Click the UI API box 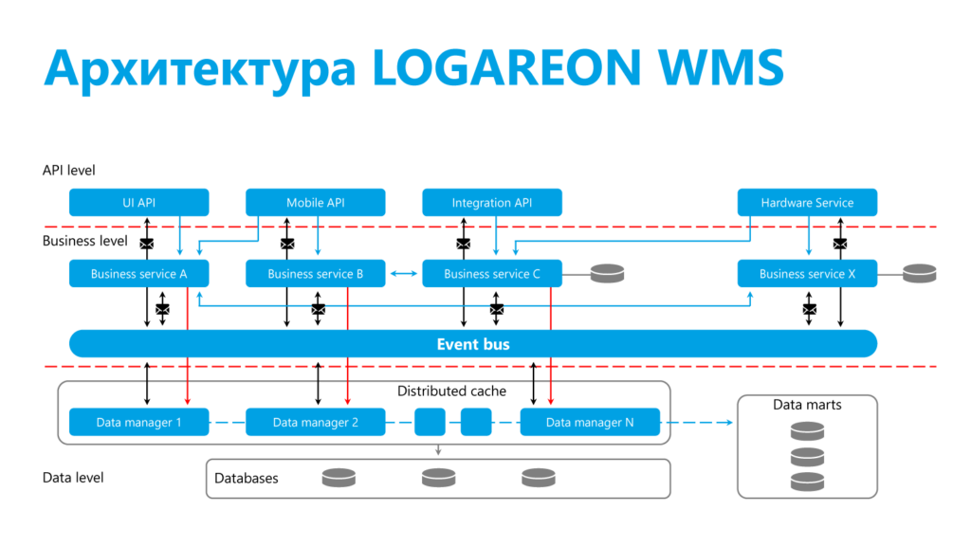pyautogui.click(x=138, y=203)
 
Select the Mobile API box pyautogui.click(x=316, y=203)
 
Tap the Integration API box pyautogui.click(x=491, y=203)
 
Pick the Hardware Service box pyautogui.click(x=807, y=203)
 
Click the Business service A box pyautogui.click(x=138, y=274)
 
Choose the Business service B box pyautogui.click(x=316, y=274)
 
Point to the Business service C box pyautogui.click(x=491, y=274)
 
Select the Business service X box pyautogui.click(x=807, y=274)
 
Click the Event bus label pyautogui.click(x=472, y=344)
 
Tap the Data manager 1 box pyautogui.click(x=138, y=422)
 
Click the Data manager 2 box pyautogui.click(x=316, y=422)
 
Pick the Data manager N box pyautogui.click(x=590, y=422)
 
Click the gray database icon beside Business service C pyautogui.click(x=607, y=274)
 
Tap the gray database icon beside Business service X pyautogui.click(x=919, y=274)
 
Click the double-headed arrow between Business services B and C pyautogui.click(x=404, y=274)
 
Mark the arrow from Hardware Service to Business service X pyautogui.click(x=809, y=237)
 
